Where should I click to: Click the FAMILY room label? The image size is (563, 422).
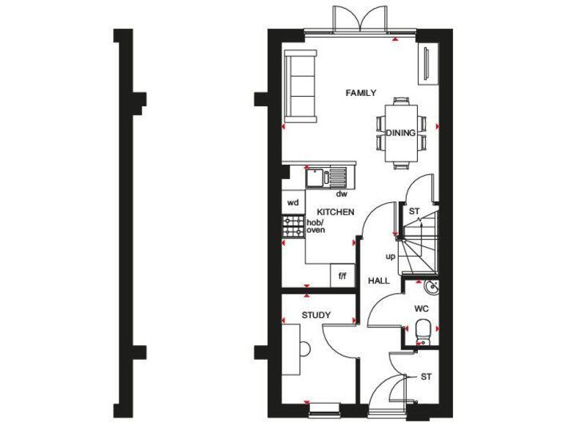point(361,93)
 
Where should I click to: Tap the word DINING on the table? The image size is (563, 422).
point(401,133)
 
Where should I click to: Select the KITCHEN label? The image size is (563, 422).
point(336,212)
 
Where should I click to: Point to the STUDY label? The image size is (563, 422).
point(316,315)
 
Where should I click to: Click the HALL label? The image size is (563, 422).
point(379,281)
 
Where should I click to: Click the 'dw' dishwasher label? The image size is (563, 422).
point(342,194)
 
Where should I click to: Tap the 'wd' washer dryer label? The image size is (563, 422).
point(293,202)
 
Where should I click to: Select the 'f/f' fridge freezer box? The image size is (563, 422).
point(342,275)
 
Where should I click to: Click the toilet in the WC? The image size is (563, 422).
point(422,330)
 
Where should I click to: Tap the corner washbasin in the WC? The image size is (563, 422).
point(433,286)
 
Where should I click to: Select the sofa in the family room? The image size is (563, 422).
point(301,86)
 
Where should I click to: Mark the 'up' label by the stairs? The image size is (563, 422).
point(391,256)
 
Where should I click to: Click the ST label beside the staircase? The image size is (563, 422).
point(413,212)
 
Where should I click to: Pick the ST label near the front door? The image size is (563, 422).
point(426,377)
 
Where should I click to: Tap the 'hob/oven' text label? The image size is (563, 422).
point(316,226)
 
